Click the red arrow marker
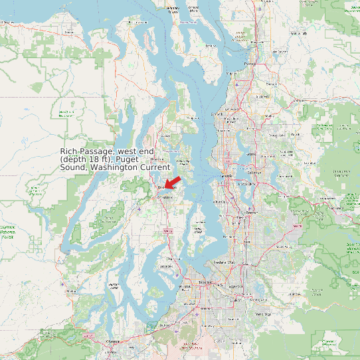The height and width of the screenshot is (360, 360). (x=172, y=181)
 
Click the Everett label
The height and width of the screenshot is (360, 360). (x=250, y=64)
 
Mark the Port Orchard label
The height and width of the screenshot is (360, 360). (x=165, y=198)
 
